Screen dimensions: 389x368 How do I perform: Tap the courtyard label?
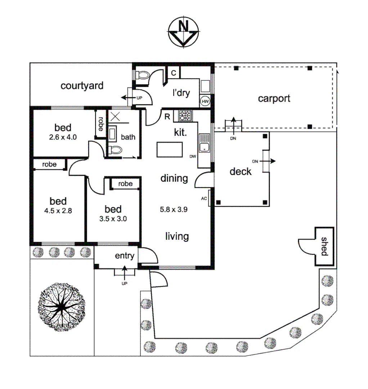[x=82, y=86]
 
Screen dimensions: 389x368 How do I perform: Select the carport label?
[x=274, y=98]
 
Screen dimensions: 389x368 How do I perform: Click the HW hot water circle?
[x=205, y=102]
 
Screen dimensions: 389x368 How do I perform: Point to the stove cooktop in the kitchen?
[x=186, y=116]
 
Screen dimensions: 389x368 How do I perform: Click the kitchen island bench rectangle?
[x=169, y=149]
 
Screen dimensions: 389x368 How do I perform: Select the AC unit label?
[x=204, y=198]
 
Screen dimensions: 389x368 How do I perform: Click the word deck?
[x=241, y=171]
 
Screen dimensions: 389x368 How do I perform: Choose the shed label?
[x=324, y=246]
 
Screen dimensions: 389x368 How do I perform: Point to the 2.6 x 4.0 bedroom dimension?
[x=63, y=137]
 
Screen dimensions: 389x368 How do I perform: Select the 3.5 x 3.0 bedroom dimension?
[x=113, y=218]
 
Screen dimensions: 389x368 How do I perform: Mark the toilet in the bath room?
[x=115, y=151]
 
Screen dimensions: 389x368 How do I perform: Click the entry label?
[x=125, y=256]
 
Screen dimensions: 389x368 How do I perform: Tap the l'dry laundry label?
[x=181, y=93]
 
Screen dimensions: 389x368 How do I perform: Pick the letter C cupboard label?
[x=174, y=73]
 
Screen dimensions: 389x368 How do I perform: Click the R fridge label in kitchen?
[x=167, y=117]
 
